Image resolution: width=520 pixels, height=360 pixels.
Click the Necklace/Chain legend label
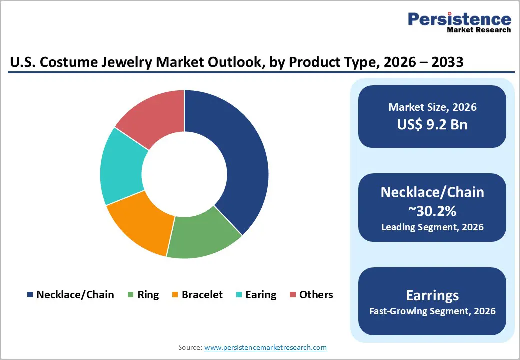coord(75,295)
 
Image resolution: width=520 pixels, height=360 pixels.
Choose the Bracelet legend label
coord(202,295)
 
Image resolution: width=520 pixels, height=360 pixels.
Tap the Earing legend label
coord(261,295)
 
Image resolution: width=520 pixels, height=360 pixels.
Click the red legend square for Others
coord(292,295)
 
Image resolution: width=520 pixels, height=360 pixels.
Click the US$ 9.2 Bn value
coord(432,124)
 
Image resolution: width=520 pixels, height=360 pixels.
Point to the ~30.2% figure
coord(432,211)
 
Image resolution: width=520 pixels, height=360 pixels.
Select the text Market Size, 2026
coord(432,107)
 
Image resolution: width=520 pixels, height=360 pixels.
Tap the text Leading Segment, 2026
coord(432,227)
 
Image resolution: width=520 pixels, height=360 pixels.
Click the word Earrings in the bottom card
coord(432,295)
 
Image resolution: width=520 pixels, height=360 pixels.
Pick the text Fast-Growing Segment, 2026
coord(432,311)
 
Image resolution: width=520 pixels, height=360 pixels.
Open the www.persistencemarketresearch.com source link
coord(265,347)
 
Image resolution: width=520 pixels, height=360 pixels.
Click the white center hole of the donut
coord(184,174)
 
